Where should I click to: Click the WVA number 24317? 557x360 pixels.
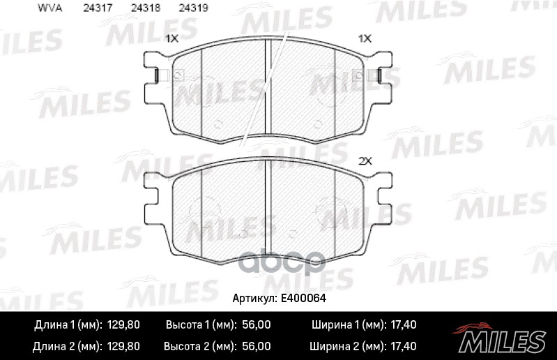tap(98, 8)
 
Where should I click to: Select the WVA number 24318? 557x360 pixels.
tap(146, 8)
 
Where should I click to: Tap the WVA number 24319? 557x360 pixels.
tap(193, 8)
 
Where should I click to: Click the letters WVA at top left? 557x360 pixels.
tap(49, 8)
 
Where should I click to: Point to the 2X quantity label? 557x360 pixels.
tap(365, 161)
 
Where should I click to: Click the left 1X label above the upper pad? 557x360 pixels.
tap(172, 38)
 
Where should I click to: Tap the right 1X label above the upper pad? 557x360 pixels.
tap(365, 38)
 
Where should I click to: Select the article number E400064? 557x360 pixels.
tap(303, 298)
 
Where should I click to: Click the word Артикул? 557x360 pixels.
tap(254, 299)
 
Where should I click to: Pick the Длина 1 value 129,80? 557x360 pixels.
tap(123, 325)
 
